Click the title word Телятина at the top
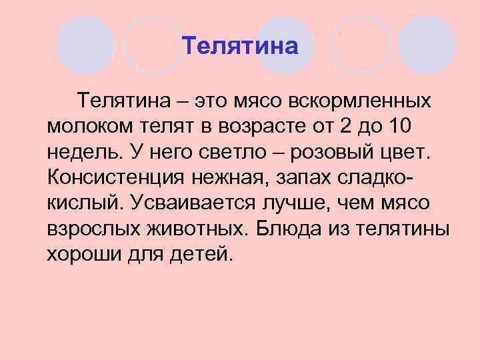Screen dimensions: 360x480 pos(239,46)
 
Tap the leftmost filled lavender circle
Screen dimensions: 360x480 pos(85,44)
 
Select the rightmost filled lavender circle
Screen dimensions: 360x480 pos(427,44)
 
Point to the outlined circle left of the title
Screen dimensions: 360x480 pos(153,44)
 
